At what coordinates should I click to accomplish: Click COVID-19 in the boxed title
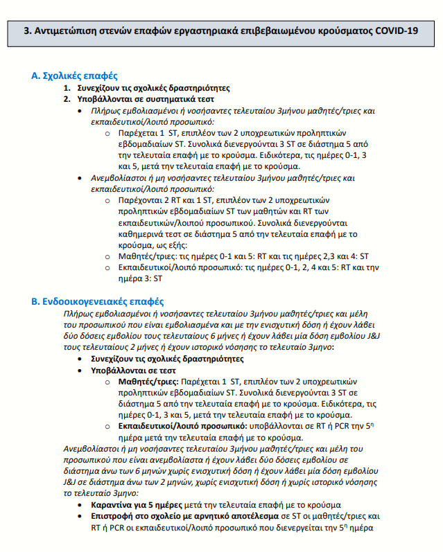[x=395, y=32]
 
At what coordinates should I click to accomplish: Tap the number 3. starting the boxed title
[x=28, y=32]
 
